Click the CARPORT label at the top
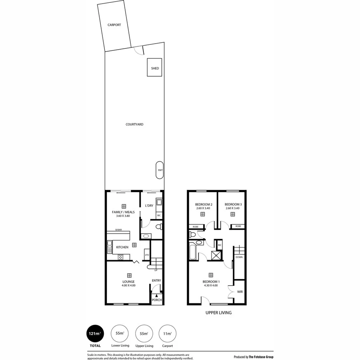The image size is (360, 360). (x=114, y=25)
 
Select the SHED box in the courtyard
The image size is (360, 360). (x=155, y=68)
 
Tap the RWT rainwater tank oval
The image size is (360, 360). (x=160, y=170)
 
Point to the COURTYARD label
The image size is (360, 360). (x=134, y=124)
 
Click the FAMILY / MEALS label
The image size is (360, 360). (x=123, y=212)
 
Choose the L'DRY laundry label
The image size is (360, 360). (x=149, y=206)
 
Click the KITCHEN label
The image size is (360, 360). (x=122, y=247)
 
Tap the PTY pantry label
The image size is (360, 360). (x=147, y=255)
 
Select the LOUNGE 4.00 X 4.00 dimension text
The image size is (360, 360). (x=129, y=286)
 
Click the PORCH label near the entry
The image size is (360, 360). (x=157, y=300)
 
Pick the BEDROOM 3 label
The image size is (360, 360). (x=233, y=204)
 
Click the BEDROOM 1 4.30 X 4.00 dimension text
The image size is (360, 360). (x=210, y=285)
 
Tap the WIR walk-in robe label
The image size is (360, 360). (x=240, y=292)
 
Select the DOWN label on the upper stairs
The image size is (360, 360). (x=239, y=257)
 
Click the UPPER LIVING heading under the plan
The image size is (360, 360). (x=218, y=313)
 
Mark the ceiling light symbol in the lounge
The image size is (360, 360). (x=129, y=275)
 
